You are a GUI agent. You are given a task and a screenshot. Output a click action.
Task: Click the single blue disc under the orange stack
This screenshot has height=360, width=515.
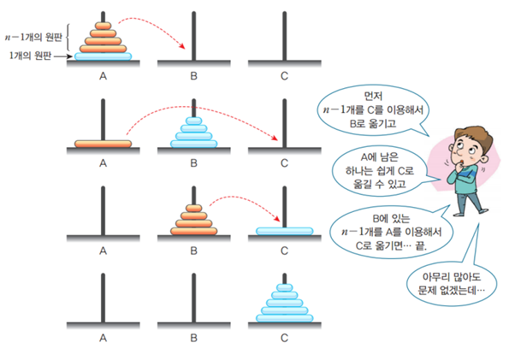tap(104, 57)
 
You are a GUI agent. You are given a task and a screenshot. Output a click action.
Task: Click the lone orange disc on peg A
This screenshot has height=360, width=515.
tap(102, 144)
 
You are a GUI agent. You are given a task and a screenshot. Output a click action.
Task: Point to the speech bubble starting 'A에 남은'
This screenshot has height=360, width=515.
tap(370, 169)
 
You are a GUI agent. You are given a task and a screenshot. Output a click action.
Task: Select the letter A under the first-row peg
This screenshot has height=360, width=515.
tap(103, 74)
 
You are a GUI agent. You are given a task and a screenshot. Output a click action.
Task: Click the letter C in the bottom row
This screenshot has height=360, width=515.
tap(284, 338)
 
